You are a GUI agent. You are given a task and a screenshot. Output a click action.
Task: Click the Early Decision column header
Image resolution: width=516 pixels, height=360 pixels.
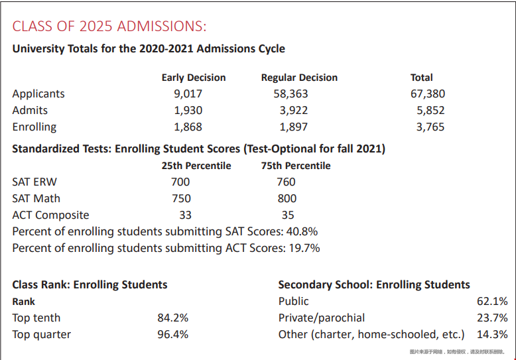coord(193,78)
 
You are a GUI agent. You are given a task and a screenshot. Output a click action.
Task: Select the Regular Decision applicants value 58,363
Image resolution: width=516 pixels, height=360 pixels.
coord(290,94)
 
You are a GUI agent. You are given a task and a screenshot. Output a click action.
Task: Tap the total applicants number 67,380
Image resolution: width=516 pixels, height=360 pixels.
coord(428,94)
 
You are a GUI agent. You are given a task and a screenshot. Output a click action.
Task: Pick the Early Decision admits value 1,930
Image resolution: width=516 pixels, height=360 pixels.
coord(188,111)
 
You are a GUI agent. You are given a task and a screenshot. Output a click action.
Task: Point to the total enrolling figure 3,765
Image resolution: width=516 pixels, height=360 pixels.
coord(430,127)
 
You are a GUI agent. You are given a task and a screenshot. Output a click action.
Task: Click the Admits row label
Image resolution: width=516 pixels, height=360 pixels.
coord(30,111)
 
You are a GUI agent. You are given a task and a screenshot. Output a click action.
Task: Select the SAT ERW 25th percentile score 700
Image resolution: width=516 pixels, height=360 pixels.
coord(180,182)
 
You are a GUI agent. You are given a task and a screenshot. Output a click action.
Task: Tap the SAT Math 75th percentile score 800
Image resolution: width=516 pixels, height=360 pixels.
coord(287,199)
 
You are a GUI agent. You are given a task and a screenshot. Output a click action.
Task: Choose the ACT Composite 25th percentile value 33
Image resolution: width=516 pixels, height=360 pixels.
coord(185,215)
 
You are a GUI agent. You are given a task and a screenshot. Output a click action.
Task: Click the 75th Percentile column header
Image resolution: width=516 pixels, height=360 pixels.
coord(295,166)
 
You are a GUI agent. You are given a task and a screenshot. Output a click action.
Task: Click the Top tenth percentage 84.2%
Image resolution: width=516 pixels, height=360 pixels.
coord(172,318)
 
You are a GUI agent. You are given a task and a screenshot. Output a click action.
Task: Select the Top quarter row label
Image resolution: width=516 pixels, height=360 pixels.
coord(41,335)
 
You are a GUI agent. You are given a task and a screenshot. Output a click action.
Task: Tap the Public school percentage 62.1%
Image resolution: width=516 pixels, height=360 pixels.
coord(492,302)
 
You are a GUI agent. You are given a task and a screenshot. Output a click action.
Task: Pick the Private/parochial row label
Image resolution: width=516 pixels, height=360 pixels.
coord(322,318)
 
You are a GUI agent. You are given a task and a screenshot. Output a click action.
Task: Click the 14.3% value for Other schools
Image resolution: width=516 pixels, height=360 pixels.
coord(492,335)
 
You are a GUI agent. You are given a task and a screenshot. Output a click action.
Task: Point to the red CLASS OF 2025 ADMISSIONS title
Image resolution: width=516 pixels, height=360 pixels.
coord(109,27)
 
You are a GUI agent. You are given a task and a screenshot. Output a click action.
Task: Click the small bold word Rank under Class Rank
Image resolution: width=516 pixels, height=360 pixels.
coord(23,302)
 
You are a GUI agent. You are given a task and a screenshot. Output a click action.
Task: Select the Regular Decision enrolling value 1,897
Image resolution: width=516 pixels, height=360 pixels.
coord(293,127)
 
